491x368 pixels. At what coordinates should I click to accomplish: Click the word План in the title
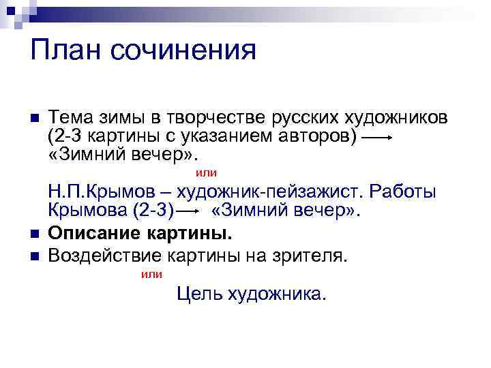tap(63, 50)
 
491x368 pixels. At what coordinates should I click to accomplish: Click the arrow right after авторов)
tap(376, 138)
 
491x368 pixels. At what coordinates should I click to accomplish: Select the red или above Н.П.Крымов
tap(207, 173)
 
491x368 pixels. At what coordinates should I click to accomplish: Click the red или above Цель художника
tap(151, 275)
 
